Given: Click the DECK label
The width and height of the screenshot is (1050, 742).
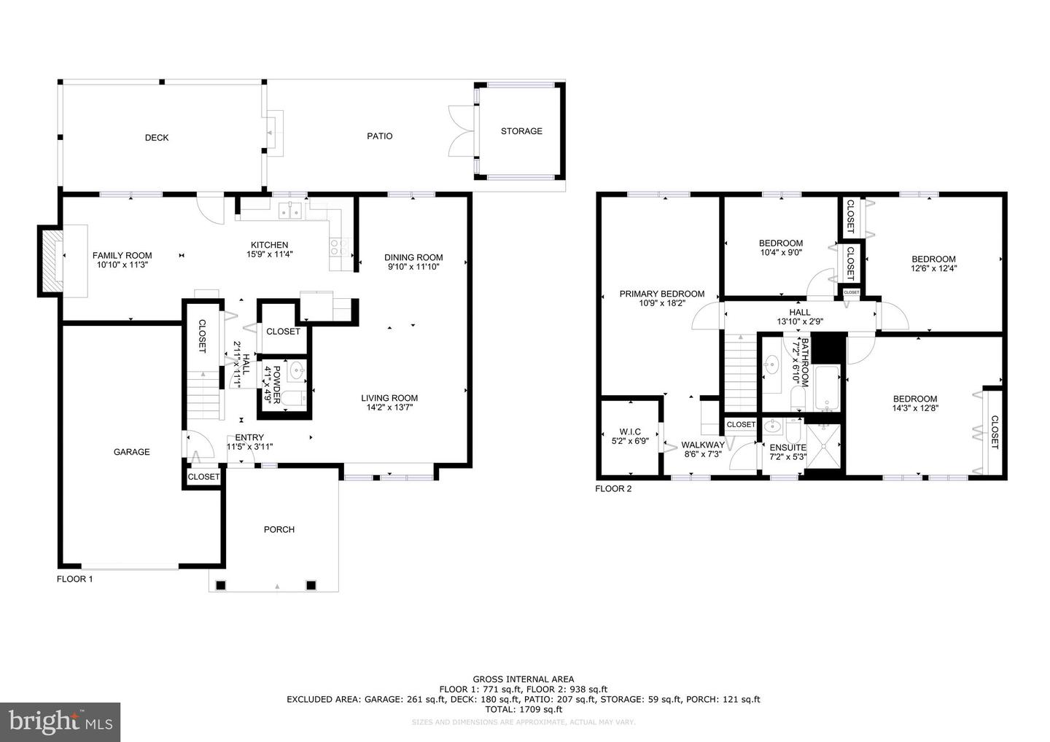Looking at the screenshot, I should [157, 138].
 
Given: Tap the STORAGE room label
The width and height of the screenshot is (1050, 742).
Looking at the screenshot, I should [521, 131].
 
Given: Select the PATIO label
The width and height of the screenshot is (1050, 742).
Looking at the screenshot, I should [379, 136].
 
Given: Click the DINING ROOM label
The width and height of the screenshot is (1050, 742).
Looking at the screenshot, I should [413, 257].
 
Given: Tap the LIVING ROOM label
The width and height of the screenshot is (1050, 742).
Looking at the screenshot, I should [389, 398].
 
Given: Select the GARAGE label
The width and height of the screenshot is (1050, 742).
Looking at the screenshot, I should [132, 452].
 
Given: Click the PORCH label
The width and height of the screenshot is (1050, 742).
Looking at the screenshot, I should [279, 530].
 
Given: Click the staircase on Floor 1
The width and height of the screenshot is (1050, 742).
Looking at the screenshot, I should [203, 394].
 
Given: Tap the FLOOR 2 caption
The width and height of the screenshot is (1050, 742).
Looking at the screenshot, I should [613, 488].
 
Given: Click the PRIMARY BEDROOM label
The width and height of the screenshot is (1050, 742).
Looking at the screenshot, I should [662, 294].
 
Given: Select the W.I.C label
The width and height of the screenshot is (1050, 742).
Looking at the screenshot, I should [630, 432].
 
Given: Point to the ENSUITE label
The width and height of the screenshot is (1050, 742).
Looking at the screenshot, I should [788, 448].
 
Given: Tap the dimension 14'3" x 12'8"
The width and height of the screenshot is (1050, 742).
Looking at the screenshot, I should [915, 408].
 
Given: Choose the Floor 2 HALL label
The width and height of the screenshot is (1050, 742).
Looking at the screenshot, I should [799, 312].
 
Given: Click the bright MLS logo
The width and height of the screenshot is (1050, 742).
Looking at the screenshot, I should [60, 722].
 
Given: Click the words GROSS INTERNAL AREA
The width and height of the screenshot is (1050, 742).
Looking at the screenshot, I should [523, 679].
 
